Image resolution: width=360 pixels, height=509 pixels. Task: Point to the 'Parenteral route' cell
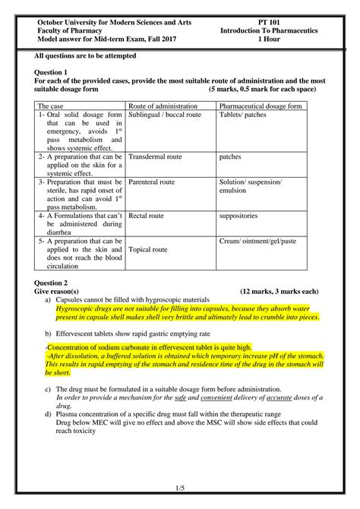tap(152, 183)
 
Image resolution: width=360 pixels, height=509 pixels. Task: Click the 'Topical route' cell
tap(148, 249)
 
